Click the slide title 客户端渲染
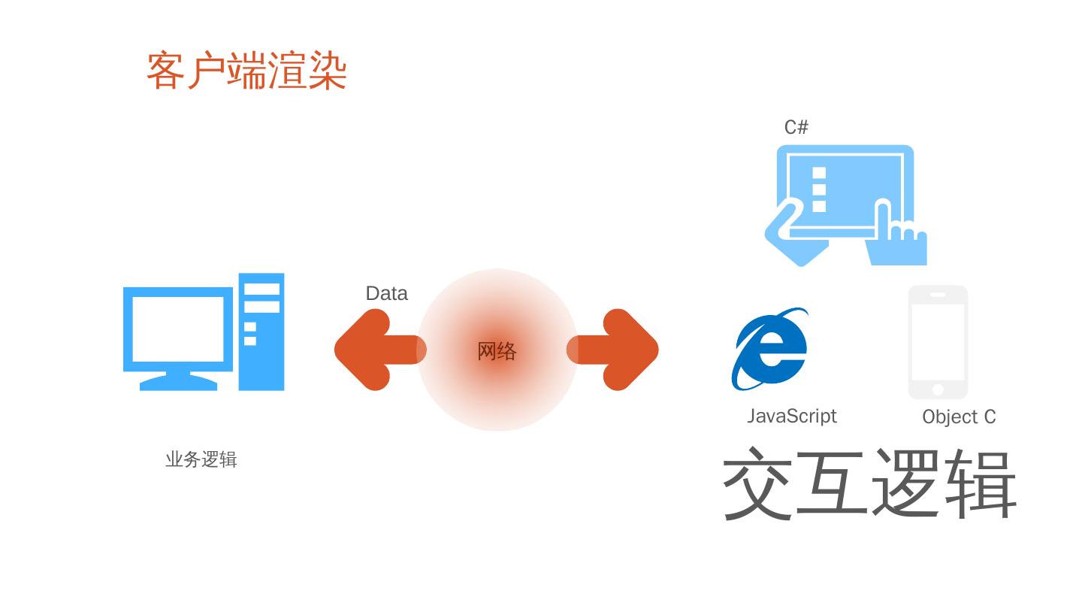246,71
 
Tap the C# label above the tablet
796,127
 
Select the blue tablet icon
845,203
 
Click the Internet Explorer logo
770,349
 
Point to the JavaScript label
792,416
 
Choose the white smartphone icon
938,342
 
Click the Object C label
959,417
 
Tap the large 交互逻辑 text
869,484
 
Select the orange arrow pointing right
616,350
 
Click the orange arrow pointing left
376,350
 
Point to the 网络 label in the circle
497,351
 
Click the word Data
386,293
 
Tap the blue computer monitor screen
178,329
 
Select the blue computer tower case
261,332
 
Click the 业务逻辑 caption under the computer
201,459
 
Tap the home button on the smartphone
938,389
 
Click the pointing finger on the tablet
885,222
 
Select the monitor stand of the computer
179,380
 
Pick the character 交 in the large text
757,484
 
